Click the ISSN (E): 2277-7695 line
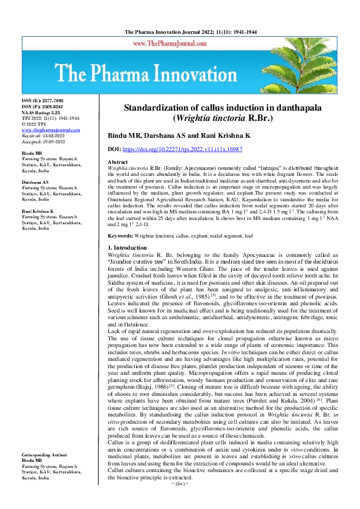42,100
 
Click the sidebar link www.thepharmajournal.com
50,129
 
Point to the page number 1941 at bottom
180,501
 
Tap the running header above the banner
180,30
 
